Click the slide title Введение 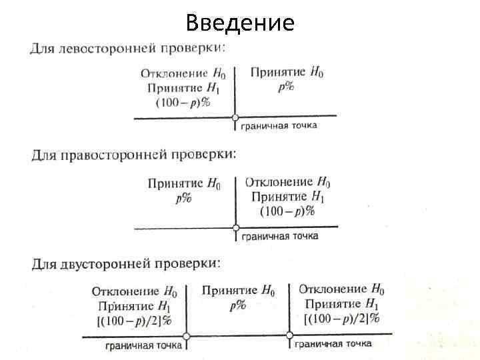(240, 23)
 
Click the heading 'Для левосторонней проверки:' (127, 49)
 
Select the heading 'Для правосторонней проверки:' (133, 155)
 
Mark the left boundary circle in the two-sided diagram (187, 337)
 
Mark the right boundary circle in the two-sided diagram (289, 336)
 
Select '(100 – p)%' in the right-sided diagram (287, 210)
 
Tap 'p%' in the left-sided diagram (286, 85)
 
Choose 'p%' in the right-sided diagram (183, 197)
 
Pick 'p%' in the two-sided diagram (237, 305)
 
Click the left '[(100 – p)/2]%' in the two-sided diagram (135, 321)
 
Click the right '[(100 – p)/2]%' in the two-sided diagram (341, 319)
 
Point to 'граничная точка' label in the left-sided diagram (279, 125)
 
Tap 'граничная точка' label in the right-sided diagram (280, 235)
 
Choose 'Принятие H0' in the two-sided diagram (238, 291)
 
